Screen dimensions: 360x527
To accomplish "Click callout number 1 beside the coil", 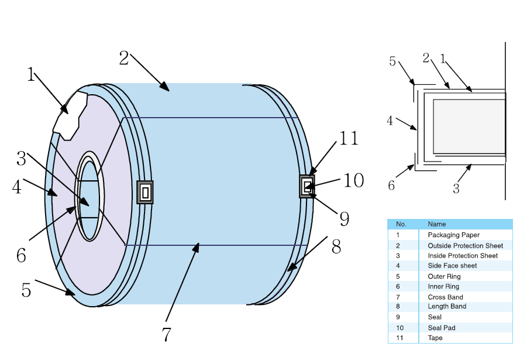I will click(x=31, y=74).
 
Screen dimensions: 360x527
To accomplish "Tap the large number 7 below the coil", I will click(x=167, y=334).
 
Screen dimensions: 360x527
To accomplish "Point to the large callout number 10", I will click(x=353, y=180).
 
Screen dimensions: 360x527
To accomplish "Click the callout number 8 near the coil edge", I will click(x=336, y=246).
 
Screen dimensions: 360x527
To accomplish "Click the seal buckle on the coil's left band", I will click(x=145, y=192).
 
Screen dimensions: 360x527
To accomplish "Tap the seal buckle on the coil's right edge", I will click(x=307, y=186).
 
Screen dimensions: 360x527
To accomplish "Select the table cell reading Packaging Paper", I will click(x=453, y=235).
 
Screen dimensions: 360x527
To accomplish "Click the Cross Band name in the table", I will click(x=445, y=297).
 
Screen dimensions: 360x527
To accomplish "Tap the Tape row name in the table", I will click(x=435, y=338).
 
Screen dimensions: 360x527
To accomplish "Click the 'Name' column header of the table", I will click(x=436, y=224).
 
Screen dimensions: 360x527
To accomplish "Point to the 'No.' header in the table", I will click(x=401, y=224).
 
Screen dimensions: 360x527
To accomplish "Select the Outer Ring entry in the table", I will click(x=444, y=276).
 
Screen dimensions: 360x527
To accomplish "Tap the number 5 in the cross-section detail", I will click(x=392, y=61).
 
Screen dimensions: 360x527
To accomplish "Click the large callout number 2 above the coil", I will click(x=123, y=58).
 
